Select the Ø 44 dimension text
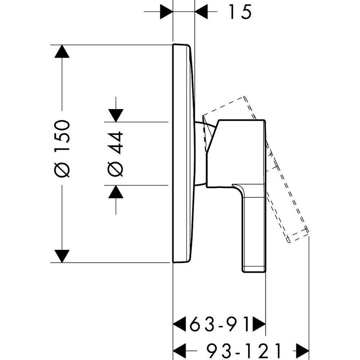(115, 154)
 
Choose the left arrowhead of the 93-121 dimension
(180, 348)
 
